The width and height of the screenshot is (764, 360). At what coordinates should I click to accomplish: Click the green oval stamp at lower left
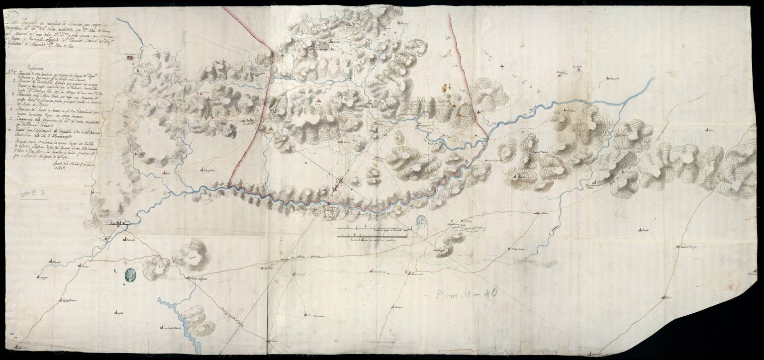130,275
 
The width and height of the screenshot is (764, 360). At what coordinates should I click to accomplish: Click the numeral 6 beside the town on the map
406,271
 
